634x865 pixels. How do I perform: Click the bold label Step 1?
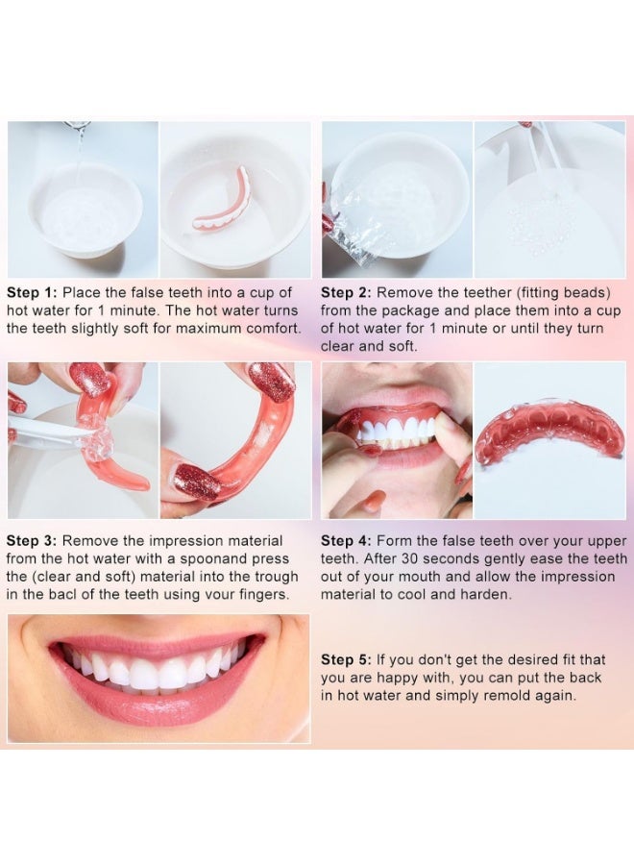click(32, 293)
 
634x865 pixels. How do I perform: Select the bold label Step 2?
click(346, 293)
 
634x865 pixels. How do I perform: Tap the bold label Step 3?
click(32, 541)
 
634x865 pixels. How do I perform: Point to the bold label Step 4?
click(346, 541)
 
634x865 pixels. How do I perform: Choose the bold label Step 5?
click(346, 659)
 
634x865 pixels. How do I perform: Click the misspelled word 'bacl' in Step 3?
click(69, 595)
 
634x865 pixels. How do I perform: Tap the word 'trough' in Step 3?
click(277, 577)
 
